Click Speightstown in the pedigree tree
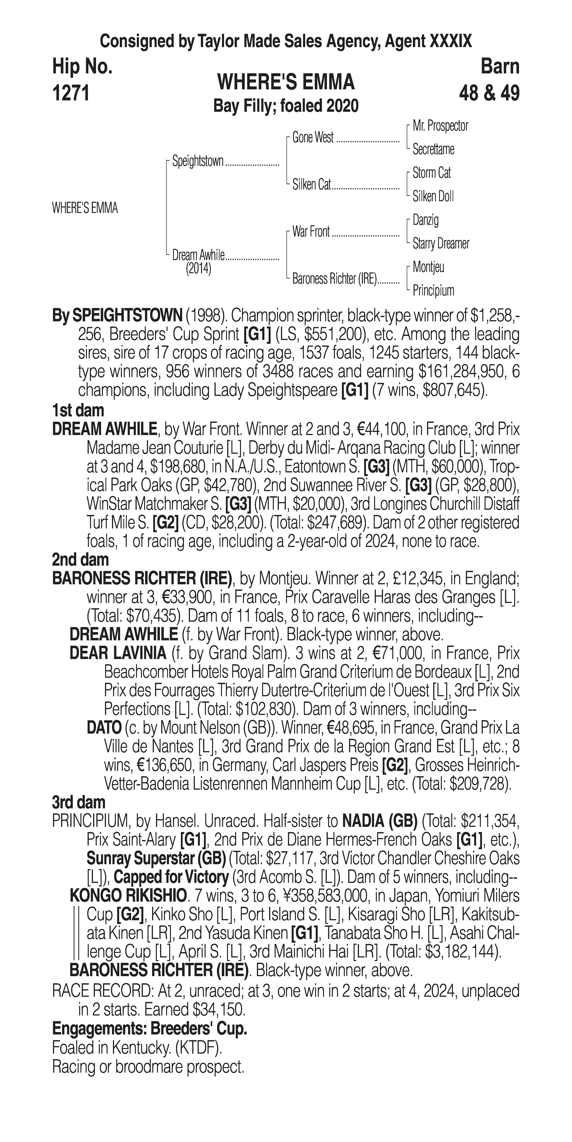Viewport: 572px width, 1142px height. tap(198, 161)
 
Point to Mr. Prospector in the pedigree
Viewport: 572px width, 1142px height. tap(440, 126)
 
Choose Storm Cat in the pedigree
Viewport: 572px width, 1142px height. tap(431, 173)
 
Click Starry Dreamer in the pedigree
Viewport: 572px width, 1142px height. tap(440, 243)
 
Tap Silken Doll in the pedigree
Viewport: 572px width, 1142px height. tap(433, 196)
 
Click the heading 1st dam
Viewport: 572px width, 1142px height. tap(78, 411)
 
